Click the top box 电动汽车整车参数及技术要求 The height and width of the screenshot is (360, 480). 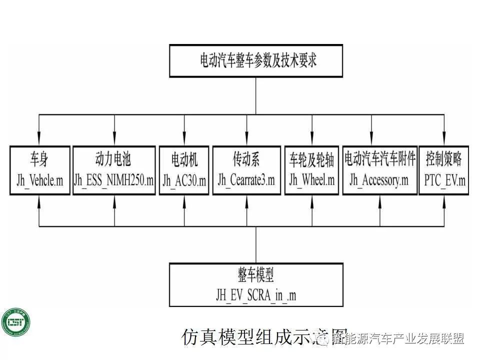pos(255,61)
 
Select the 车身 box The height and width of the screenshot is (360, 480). pos(39,170)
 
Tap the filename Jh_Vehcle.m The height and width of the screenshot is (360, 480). pos(39,181)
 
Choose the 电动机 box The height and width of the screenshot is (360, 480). pos(184,170)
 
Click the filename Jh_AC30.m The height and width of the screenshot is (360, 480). pos(184,181)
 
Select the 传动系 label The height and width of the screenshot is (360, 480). pos(246,160)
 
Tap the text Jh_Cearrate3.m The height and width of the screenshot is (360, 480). pos(246,181)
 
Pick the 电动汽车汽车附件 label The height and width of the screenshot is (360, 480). pos(379,160)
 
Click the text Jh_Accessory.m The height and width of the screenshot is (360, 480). pos(379,181)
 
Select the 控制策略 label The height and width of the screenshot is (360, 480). pos(443,160)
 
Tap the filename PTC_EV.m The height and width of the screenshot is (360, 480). pos(443,181)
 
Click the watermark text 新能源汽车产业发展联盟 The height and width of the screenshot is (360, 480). pos(397,339)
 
